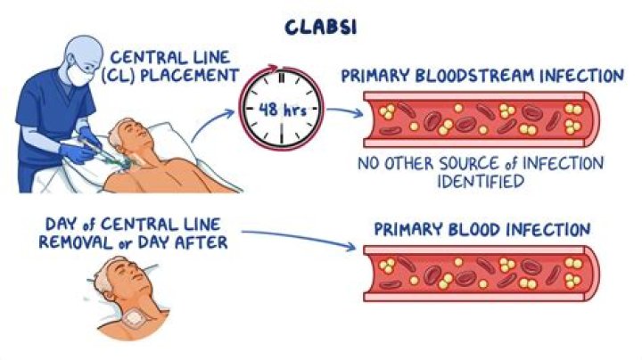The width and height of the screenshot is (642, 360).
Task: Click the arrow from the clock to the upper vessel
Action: click(342, 112)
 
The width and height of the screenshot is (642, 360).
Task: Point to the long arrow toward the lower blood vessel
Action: click(303, 236)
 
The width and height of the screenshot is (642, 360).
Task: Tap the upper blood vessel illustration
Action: click(482, 121)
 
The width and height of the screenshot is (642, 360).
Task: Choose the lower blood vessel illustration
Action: click(482, 273)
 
